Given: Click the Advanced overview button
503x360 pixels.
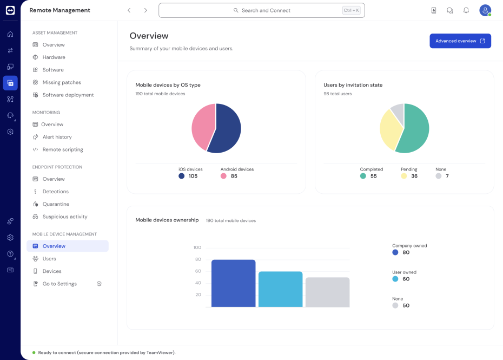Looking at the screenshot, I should [x=460, y=41].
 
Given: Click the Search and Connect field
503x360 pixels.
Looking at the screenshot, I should [x=261, y=10].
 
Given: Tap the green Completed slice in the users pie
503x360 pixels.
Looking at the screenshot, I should [x=414, y=130].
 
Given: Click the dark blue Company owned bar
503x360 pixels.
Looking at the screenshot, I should [x=233, y=284].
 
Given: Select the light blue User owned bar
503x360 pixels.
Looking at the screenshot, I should [x=280, y=290].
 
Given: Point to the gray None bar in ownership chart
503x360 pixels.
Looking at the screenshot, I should [x=327, y=292].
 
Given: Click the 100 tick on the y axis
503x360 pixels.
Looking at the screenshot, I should [x=197, y=247].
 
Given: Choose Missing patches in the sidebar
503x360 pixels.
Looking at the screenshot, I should [x=62, y=82].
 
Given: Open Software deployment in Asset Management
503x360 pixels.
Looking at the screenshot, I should [x=68, y=95].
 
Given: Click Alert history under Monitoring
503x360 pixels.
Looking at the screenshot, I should [x=57, y=137].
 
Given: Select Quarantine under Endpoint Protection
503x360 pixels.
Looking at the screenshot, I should [x=56, y=204].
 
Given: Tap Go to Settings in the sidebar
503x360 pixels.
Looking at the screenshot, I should [x=59, y=284].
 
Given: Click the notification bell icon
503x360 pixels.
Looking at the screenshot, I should [x=466, y=10].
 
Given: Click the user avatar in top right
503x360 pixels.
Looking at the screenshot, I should [x=485, y=10].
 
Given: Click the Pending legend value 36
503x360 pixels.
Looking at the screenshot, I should [x=414, y=176].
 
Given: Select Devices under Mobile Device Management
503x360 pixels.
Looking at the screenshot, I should [x=52, y=271].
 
